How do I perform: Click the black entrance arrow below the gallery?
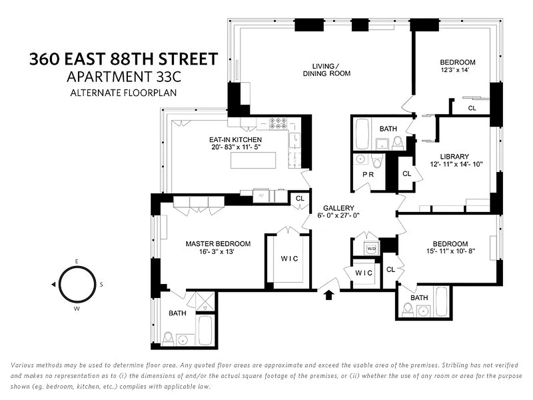[328, 295]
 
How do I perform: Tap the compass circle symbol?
[76, 284]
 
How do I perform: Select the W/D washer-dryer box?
[371, 248]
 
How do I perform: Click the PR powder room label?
[369, 174]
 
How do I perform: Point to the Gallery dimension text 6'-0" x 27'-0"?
[339, 215]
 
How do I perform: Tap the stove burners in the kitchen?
[278, 123]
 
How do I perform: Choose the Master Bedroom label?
[218, 244]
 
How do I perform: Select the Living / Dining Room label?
[326, 69]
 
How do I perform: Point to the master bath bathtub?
[205, 330]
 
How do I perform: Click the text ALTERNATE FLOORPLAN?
[123, 92]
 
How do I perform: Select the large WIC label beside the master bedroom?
[289, 258]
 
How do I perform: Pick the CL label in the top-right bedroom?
[472, 108]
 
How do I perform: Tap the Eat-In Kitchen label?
[235, 139]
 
